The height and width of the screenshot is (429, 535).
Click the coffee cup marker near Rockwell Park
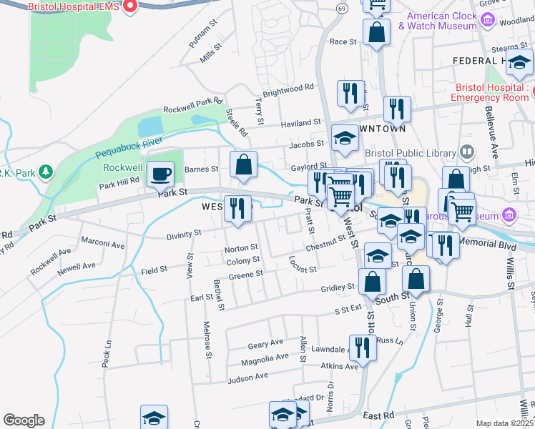click(159, 173)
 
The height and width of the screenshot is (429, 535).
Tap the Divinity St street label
click(184, 234)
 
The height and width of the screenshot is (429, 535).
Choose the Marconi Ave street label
click(103, 245)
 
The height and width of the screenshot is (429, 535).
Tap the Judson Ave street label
click(247, 376)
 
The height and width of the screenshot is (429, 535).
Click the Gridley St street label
click(338, 287)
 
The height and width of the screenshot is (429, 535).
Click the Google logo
click(23, 420)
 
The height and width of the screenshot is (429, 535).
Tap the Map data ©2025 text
click(504, 423)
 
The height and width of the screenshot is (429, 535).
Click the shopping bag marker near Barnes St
click(244, 164)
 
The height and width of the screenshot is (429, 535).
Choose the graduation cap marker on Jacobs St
click(345, 137)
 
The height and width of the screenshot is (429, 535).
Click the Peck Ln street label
click(108, 355)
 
